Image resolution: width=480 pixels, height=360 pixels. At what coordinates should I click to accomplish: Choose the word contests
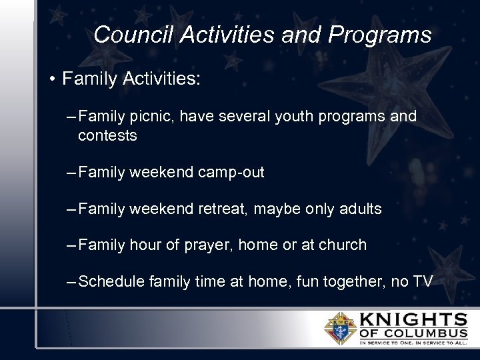[107, 136]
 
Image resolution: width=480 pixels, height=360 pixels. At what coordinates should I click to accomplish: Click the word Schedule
[111, 281]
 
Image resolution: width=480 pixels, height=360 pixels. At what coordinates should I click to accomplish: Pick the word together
[347, 281]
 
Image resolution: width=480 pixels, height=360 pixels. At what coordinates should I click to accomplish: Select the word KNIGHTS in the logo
[413, 319]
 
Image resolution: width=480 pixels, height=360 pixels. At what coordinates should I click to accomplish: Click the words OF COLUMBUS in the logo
[413, 333]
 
